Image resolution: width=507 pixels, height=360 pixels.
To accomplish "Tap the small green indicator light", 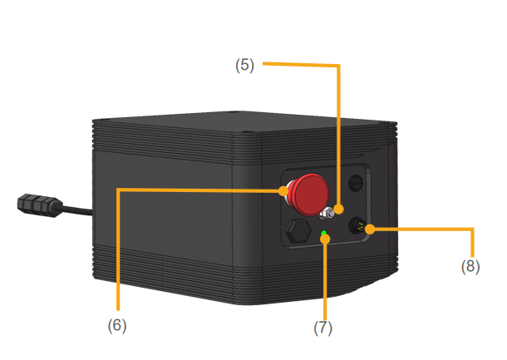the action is (323, 232).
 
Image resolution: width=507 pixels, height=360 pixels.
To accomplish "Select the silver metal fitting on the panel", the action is (329, 214).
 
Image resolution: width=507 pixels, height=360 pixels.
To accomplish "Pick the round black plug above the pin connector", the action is (355, 182).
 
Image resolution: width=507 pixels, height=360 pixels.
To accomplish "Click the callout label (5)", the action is (244, 66).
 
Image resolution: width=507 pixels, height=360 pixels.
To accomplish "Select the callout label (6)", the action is (118, 325).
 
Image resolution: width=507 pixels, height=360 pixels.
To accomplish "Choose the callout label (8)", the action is (470, 267).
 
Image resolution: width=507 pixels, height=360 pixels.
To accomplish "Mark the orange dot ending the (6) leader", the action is (284, 190).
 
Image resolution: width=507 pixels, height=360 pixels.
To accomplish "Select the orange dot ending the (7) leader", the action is (326, 239).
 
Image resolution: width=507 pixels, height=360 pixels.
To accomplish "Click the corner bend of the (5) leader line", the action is (339, 66).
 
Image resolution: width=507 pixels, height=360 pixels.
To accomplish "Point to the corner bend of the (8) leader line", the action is (471, 229).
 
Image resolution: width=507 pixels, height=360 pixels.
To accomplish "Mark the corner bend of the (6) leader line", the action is (119, 190).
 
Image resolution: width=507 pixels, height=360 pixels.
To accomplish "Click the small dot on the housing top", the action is (239, 110).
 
